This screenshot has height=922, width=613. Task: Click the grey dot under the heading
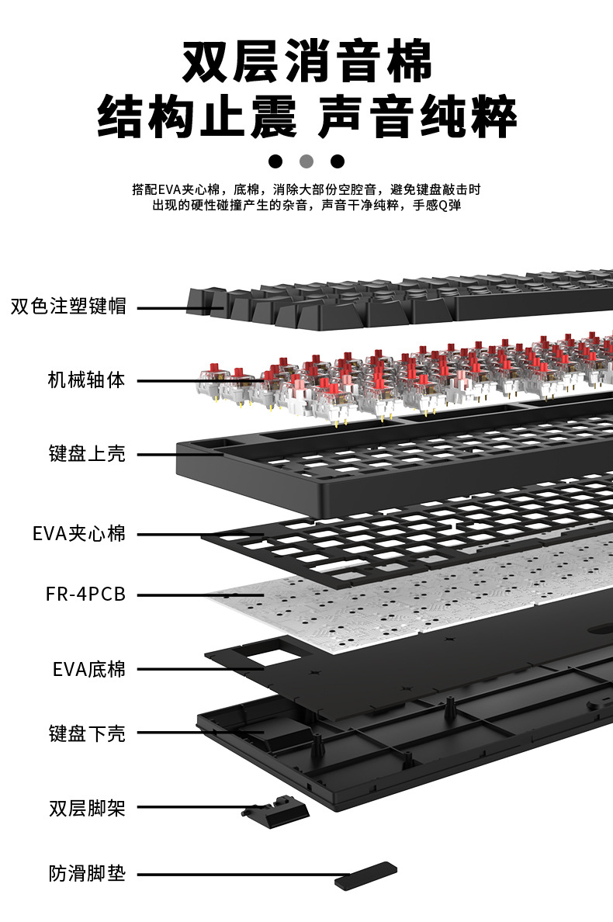[x=306, y=161]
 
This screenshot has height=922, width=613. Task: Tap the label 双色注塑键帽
[x=68, y=306]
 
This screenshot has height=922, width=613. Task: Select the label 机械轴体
[x=86, y=380]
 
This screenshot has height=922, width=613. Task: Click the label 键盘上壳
[x=87, y=453]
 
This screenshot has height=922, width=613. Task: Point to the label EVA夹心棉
[x=79, y=534]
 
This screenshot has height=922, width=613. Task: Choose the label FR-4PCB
[x=85, y=595]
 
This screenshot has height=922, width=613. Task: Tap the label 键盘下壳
[x=87, y=733]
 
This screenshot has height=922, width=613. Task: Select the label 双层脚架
[x=87, y=808]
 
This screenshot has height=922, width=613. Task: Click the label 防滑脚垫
[x=87, y=875]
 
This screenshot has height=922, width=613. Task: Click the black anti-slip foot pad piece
[x=365, y=875]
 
